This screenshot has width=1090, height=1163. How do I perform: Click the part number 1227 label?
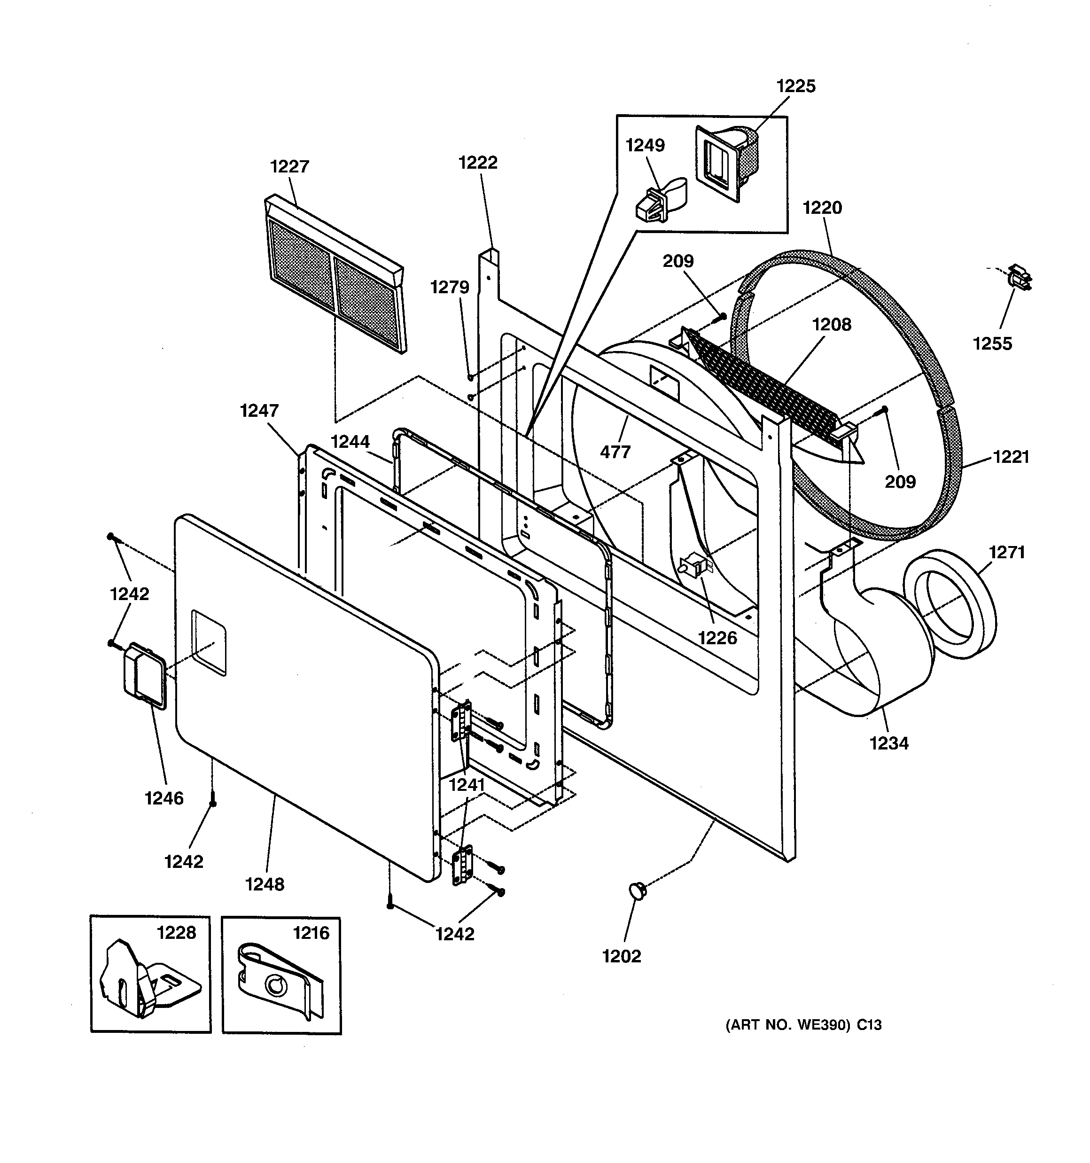pos(289,167)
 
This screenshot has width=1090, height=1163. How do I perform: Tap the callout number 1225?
pos(796,86)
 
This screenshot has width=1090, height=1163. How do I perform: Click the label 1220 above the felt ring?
pos(822,208)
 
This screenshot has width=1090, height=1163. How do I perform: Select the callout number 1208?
pos(832,325)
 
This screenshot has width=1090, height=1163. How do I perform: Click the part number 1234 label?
pos(889,743)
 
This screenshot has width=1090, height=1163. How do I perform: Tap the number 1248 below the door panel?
pos(265,884)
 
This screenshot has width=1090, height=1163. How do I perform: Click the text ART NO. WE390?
pos(787,1025)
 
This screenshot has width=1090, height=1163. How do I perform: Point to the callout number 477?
pos(615,452)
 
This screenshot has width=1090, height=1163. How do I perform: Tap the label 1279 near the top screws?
pos(449,287)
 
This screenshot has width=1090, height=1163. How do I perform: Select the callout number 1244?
pos(350,442)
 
